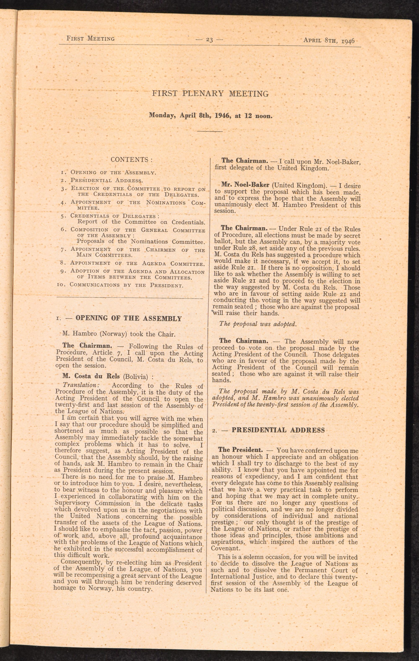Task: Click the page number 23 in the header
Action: coord(209,40)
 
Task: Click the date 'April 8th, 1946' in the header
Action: coord(329,40)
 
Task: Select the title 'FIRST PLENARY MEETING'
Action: coord(210,94)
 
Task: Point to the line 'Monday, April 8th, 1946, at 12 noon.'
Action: coord(211,116)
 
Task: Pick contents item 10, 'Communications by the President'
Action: coord(126,285)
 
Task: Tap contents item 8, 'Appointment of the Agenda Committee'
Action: coord(137,263)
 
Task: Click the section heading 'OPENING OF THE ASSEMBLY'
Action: coord(128,318)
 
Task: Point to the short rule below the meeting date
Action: coord(210,131)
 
